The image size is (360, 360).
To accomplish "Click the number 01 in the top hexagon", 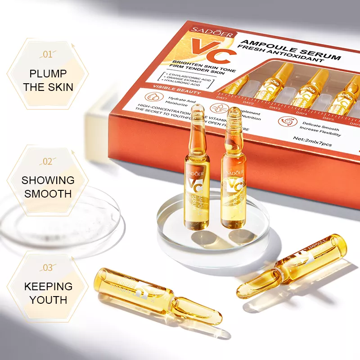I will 47,55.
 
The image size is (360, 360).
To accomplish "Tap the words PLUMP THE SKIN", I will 48,80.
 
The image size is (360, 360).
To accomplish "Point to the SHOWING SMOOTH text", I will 48,187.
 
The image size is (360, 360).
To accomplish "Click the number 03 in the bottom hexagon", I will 47,268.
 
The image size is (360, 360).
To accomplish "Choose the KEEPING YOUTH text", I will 48,293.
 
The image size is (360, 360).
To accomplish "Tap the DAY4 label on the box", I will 303,112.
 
